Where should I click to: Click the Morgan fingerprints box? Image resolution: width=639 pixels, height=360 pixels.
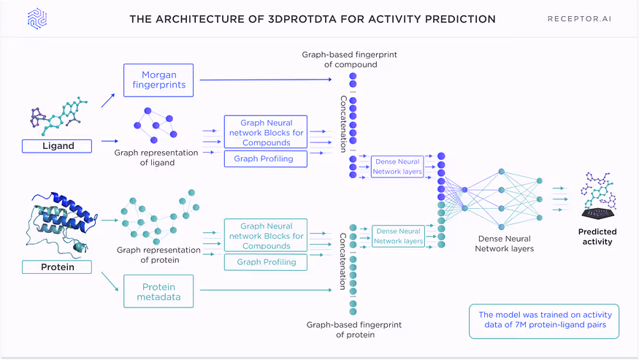pyautogui.click(x=159, y=80)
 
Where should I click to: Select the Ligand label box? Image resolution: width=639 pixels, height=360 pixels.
pyautogui.click(x=58, y=146)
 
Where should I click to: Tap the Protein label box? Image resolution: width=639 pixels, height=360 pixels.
pyautogui.click(x=58, y=267)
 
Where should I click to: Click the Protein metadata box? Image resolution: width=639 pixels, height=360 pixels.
pyautogui.click(x=158, y=291)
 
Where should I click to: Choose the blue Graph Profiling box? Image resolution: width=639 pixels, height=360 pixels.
pyautogui.click(x=265, y=158)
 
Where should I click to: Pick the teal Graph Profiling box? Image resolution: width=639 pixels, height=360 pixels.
pyautogui.click(x=265, y=262)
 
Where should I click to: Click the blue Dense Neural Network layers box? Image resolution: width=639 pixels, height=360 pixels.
pyautogui.click(x=399, y=166)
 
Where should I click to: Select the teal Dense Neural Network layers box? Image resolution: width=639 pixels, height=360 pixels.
pyautogui.click(x=399, y=236)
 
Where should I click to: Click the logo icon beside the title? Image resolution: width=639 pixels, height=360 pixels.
pyautogui.click(x=37, y=19)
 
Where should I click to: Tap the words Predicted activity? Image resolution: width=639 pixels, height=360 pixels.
pyautogui.click(x=597, y=237)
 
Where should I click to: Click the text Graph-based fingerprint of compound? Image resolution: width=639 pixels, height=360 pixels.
pyautogui.click(x=351, y=60)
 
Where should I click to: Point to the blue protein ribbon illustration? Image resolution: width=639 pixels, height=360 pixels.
pyautogui.click(x=61, y=219)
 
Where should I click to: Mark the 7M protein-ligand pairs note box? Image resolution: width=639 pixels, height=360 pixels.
pyautogui.click(x=543, y=320)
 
